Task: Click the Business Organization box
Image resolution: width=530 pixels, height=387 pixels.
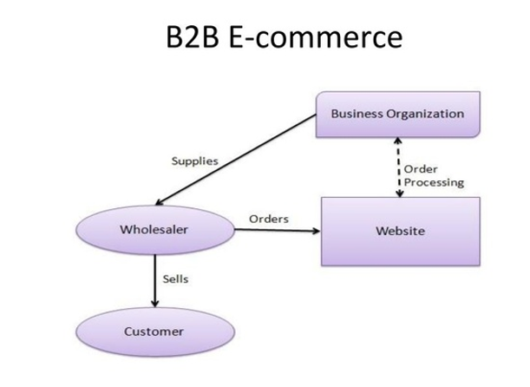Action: tap(397, 114)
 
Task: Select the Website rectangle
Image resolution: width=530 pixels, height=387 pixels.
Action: tap(400, 232)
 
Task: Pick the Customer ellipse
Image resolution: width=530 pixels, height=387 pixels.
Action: tap(154, 331)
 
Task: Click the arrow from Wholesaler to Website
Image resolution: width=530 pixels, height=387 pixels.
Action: tap(278, 231)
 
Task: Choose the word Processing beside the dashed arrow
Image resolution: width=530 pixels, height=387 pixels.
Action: tap(435, 182)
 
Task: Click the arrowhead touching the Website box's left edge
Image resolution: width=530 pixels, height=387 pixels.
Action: tap(316, 231)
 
